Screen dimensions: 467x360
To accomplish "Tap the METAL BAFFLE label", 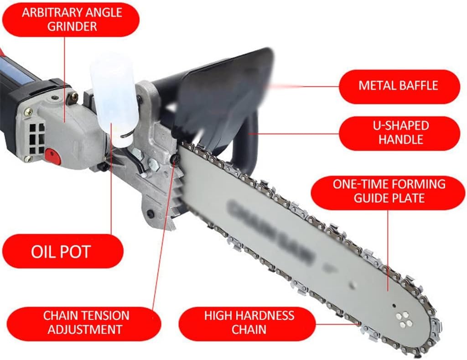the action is pyautogui.click(x=399, y=86).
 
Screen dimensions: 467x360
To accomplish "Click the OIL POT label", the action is pyautogui.click(x=61, y=251).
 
